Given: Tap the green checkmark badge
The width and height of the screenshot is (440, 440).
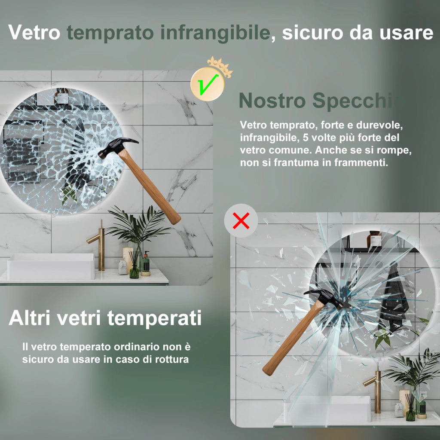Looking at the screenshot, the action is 207,85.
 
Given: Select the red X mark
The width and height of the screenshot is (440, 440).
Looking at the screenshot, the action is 241,220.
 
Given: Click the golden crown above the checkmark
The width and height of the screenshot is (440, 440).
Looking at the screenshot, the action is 220,66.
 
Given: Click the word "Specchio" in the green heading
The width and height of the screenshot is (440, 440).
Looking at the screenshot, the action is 358,101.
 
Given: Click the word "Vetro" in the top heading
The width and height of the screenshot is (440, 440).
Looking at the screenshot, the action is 34,33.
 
